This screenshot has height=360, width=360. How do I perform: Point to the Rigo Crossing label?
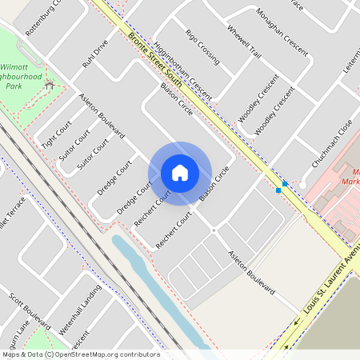[x=202, y=46]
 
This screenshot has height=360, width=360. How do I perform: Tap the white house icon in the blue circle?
[x=179, y=172]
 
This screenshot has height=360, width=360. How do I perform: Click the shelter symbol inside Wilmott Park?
[x=49, y=84]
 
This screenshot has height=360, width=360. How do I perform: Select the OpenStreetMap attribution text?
[x=80, y=354]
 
